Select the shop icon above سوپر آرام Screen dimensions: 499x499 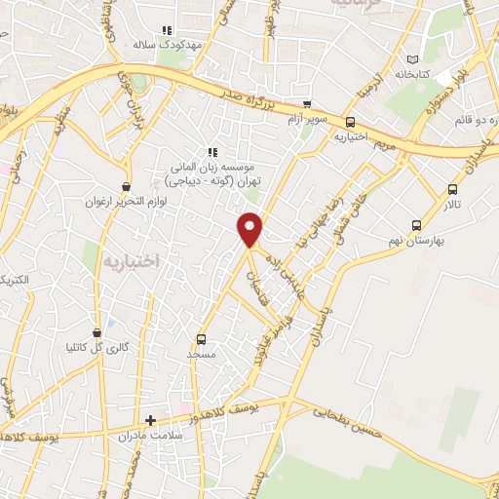(308, 104)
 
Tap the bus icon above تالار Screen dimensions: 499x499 (451, 189)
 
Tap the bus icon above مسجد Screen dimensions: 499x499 (202, 339)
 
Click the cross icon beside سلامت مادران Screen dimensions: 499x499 (150, 421)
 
